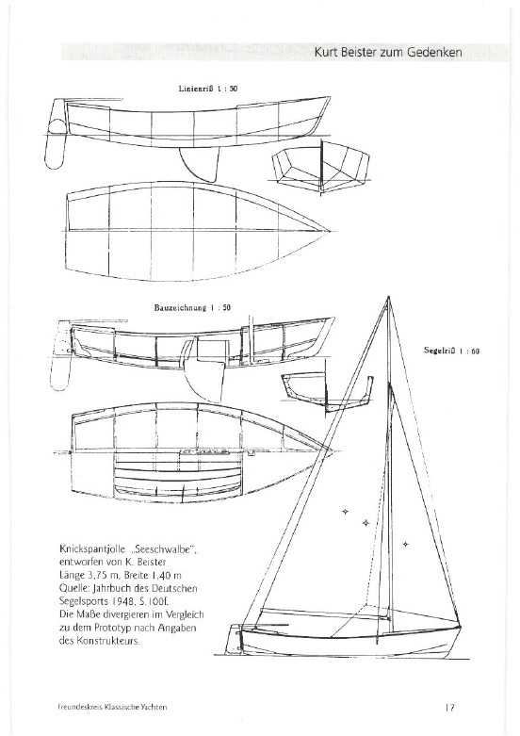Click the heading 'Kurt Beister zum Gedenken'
(x=388, y=52)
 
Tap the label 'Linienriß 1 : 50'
(x=208, y=89)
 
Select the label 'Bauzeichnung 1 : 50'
(x=192, y=308)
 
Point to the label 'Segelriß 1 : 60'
(x=451, y=351)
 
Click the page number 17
(x=449, y=707)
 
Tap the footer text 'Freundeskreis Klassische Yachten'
(x=109, y=707)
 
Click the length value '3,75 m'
(x=101, y=575)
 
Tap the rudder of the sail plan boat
(x=235, y=640)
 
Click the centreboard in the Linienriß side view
(x=201, y=163)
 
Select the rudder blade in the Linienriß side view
(x=55, y=143)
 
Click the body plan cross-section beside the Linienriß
(x=320, y=168)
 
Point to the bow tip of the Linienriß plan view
(x=330, y=231)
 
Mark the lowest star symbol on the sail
(x=405, y=545)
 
